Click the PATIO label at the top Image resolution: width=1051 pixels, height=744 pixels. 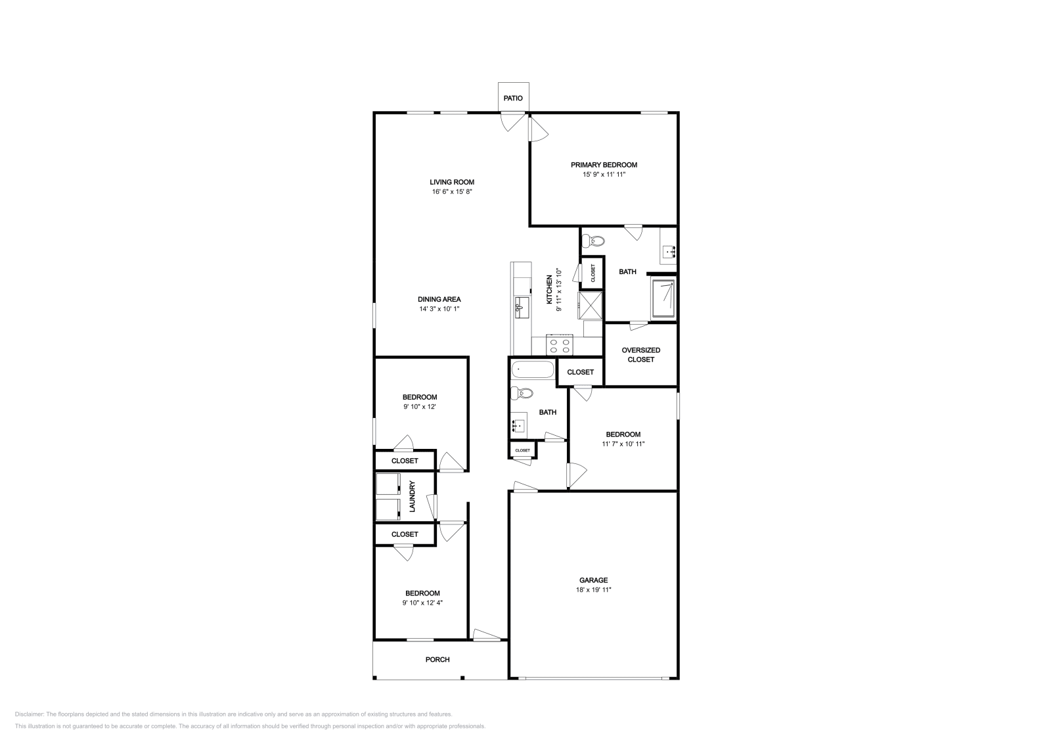[513, 98]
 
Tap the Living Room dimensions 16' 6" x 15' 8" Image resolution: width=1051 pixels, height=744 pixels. [452, 192]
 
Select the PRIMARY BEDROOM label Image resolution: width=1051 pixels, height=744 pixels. [604, 165]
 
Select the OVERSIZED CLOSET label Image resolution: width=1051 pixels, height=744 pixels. [640, 355]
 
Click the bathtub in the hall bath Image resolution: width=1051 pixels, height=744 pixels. [533, 371]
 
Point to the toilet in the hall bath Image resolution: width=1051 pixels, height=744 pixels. [523, 394]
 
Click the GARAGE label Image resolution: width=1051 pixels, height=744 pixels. [593, 580]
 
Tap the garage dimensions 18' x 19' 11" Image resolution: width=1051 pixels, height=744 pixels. [593, 590]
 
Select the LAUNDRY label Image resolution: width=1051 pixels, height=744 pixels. [413, 497]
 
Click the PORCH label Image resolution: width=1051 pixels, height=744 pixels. [437, 659]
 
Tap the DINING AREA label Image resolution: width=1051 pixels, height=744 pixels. [439, 299]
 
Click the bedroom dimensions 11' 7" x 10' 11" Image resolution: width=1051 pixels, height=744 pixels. [623, 444]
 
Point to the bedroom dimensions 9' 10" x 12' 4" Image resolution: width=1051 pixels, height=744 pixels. [422, 603]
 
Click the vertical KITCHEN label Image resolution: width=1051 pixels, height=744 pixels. [550, 290]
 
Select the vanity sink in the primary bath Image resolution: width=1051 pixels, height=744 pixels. [669, 250]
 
